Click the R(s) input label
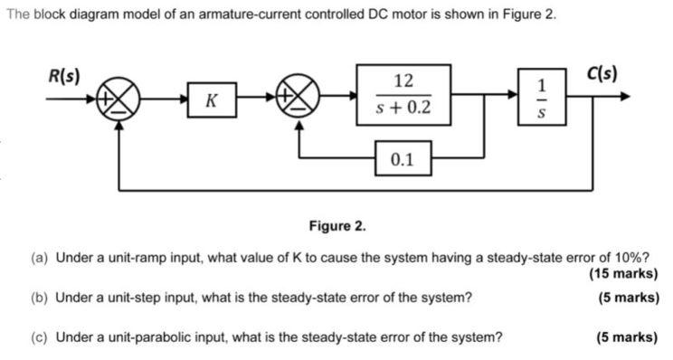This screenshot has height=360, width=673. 63,75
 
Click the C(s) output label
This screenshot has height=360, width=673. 602,73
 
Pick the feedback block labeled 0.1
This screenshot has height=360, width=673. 403,160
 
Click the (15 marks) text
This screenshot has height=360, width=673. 622,274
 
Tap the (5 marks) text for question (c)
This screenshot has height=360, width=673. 627,338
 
